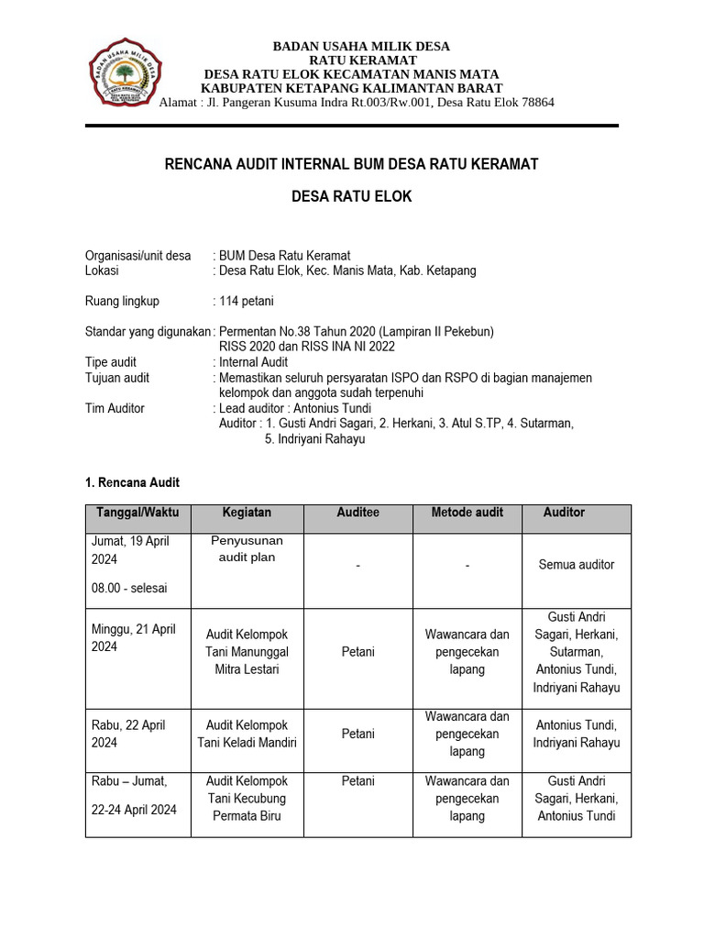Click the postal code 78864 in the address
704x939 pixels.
pos(534,103)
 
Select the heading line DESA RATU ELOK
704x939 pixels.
pos(352,197)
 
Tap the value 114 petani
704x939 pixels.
pos(246,301)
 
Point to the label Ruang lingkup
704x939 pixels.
pos(122,301)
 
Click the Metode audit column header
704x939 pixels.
pos(467,513)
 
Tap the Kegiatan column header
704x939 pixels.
pos(247,513)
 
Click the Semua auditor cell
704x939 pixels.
pos(577,565)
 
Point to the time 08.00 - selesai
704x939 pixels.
pos(128,588)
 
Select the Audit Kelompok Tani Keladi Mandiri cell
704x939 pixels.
pos(247,734)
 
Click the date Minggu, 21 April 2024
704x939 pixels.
pos(133,638)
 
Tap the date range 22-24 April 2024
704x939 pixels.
pos(134,810)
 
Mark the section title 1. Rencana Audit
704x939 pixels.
pos(132,482)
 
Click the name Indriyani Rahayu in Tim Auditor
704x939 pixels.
pos(315,439)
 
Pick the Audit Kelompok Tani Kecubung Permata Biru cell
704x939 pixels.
pos(247,798)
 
